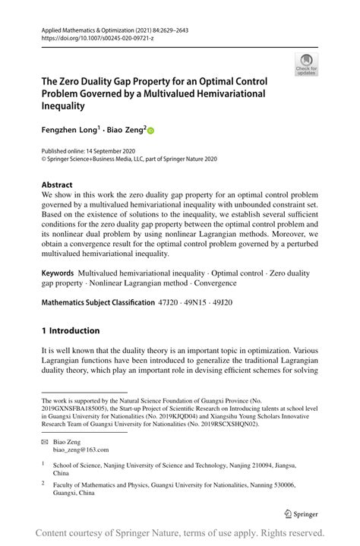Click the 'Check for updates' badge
point(307,65)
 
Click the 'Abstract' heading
point(57,185)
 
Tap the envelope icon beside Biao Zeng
point(46,441)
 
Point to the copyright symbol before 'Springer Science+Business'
point(44,160)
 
